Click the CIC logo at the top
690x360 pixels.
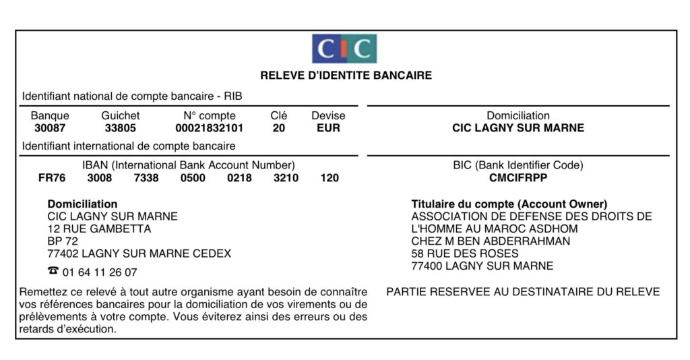[344, 49]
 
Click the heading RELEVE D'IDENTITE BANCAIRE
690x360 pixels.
[346, 76]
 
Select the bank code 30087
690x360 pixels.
[50, 128]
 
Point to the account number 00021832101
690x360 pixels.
[209, 128]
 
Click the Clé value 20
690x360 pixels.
[279, 128]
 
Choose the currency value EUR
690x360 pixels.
[328, 128]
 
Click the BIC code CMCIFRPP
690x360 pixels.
[517, 179]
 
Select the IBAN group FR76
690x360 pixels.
[52, 179]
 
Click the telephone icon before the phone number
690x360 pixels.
[53, 272]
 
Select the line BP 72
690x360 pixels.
[63, 241]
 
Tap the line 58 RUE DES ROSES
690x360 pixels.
[465, 253]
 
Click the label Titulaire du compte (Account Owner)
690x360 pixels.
[509, 204]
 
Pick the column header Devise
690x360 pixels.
[328, 116]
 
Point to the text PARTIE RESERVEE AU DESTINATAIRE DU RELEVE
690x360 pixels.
[523, 292]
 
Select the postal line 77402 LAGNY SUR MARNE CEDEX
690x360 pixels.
[139, 253]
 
